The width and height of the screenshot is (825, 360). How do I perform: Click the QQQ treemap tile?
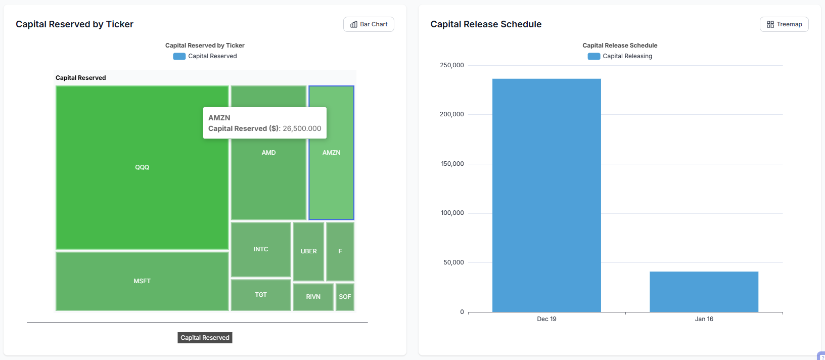coord(142,167)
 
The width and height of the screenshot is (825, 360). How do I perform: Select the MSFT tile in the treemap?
coord(142,281)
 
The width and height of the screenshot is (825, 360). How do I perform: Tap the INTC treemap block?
coord(261,249)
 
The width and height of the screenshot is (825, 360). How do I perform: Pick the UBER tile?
coord(308,251)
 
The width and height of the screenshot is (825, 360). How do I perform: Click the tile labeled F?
coord(340,251)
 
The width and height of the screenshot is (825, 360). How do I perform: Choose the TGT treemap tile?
coord(261,295)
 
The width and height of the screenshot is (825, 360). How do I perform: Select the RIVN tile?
coord(313,297)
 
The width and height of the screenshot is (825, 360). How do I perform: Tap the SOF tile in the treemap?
coord(345,297)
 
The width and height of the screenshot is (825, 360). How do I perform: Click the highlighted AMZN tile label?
coord(331,153)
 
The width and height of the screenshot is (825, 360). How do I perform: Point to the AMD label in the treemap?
coord(268,153)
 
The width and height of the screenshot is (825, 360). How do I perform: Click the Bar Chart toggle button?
coord(369,24)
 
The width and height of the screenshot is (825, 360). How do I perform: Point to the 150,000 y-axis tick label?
coord(452,164)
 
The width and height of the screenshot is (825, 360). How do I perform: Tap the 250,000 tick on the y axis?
coord(452,65)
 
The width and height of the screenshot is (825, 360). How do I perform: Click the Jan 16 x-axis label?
coord(704,319)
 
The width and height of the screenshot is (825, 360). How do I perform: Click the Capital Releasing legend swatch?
coord(593,56)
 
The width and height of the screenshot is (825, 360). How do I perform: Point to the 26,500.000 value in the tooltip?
coord(302,128)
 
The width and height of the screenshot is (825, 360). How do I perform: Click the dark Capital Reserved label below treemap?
coord(205,338)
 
